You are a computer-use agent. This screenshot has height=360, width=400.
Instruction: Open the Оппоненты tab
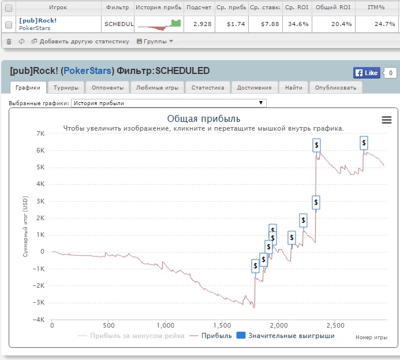[x=108, y=88]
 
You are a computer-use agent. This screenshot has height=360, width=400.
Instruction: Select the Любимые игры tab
[x=157, y=88]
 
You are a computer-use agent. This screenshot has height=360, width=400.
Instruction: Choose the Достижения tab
[x=254, y=88]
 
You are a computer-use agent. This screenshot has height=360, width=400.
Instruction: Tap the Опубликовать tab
[x=336, y=88]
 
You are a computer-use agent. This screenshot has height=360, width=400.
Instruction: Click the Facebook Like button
[x=366, y=73]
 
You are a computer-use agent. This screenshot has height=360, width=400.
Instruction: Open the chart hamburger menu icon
[x=387, y=120]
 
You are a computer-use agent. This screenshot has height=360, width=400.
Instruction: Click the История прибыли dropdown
[x=168, y=103]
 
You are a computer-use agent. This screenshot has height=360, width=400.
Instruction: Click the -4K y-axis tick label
[x=38, y=320]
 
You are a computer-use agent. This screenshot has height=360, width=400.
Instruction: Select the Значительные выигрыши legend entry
[x=285, y=335]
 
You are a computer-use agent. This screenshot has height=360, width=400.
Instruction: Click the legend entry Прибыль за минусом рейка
[x=131, y=335]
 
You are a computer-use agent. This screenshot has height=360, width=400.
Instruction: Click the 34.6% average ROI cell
[x=296, y=24]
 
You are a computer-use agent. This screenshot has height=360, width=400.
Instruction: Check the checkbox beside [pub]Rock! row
[x=9, y=24]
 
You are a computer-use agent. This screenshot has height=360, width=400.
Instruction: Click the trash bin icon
[x=9, y=42]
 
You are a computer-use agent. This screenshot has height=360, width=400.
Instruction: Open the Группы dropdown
[x=154, y=42]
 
